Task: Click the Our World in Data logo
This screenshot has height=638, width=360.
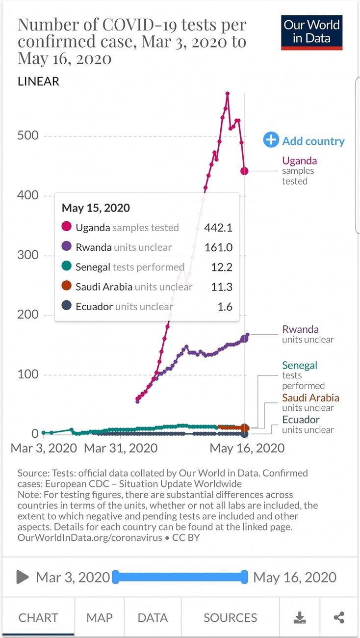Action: point(311,32)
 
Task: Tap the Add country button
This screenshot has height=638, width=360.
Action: point(304,140)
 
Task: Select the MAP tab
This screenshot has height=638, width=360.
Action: point(100,618)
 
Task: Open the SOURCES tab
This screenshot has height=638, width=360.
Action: point(230,618)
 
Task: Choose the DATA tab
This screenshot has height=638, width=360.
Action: point(153,618)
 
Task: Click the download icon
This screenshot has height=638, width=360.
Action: point(300,617)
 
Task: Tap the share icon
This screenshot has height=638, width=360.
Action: point(339,617)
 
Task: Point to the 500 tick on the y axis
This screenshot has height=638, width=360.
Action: point(28,135)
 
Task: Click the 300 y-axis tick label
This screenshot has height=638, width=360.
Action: point(28,255)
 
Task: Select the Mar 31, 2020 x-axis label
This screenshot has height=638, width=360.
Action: point(121,448)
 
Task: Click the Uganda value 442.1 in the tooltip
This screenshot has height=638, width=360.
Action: point(218,228)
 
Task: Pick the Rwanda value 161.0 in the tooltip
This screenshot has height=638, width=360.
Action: point(219,247)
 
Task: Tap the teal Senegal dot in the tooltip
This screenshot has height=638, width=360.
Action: point(66,266)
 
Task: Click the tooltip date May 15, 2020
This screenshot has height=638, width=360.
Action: point(96,208)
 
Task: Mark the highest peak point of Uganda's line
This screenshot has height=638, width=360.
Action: point(228,93)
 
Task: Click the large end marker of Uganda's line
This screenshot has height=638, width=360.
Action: point(244,171)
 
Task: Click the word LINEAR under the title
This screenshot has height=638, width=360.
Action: point(38,81)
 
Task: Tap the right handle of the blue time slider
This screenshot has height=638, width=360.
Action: point(244,577)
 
